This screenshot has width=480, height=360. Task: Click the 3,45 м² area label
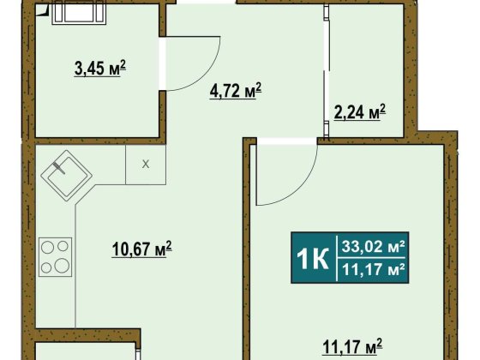tap(100, 68)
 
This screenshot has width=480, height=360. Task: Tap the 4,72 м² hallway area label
tap(236, 91)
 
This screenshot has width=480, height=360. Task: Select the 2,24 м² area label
tap(360, 112)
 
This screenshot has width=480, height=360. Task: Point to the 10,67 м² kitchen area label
tap(141, 249)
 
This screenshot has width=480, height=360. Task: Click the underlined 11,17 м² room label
tap(352, 346)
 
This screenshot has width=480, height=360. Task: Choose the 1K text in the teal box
tap(313, 259)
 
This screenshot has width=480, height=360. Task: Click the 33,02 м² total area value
tap(374, 247)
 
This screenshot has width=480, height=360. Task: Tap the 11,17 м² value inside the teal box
tap(374, 270)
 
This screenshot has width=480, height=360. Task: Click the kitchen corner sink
tap(67, 176)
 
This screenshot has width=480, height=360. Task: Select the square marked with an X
tap(146, 165)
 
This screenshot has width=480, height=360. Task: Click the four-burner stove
tap(55, 257)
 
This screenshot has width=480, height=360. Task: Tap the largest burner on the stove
tap(62, 265)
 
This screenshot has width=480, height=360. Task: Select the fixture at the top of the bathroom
tap(79, 14)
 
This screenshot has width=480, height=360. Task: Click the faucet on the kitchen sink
tap(59, 168)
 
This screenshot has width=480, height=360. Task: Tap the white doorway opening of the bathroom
tap(162, 63)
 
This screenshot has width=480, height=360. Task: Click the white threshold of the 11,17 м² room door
tap(287, 141)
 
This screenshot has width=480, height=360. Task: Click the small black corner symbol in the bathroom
tap(42, 10)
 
